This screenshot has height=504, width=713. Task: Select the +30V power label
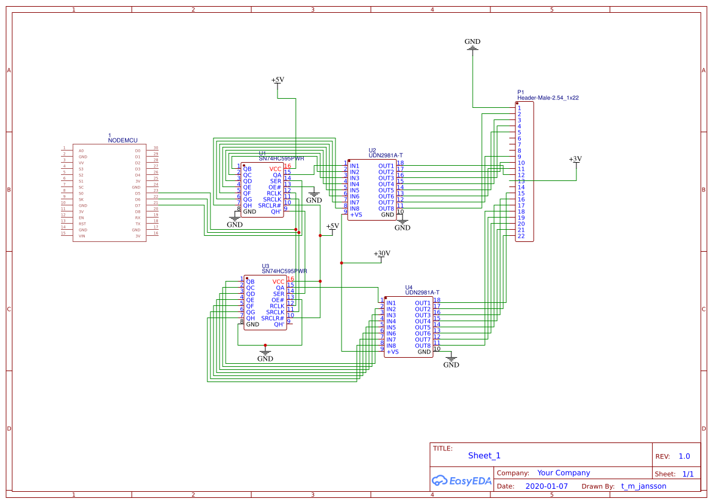click(x=382, y=254)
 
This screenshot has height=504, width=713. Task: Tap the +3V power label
click(x=575, y=159)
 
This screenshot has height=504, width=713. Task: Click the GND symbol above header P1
click(x=472, y=43)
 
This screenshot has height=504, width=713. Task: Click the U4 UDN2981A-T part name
click(x=422, y=293)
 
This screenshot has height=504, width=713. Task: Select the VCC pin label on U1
click(x=276, y=169)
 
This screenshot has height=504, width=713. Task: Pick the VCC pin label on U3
click(x=279, y=282)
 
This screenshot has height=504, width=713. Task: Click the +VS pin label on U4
click(x=392, y=352)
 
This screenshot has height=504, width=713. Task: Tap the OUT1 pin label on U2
click(x=386, y=166)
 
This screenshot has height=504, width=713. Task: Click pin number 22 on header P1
click(x=521, y=236)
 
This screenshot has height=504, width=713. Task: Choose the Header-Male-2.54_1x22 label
click(x=548, y=98)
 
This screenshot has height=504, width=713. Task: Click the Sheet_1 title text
click(x=484, y=455)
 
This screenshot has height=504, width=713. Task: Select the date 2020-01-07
click(x=546, y=486)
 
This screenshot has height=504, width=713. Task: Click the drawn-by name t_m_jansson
click(x=643, y=486)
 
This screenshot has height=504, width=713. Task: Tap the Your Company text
click(x=564, y=473)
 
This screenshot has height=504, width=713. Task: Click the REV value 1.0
click(x=684, y=456)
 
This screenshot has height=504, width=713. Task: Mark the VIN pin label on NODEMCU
click(x=82, y=236)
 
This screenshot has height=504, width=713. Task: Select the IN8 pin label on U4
click(x=391, y=346)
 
